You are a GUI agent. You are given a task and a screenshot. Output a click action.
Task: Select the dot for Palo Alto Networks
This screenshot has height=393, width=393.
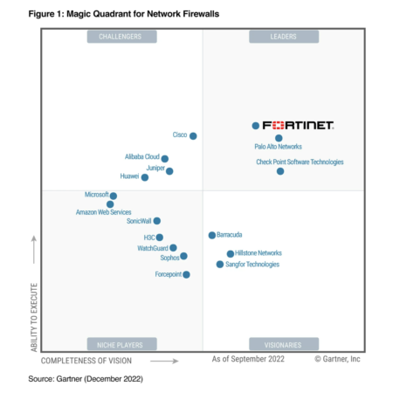(279, 138)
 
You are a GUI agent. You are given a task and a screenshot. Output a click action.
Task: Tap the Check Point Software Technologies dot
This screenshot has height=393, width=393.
(280, 171)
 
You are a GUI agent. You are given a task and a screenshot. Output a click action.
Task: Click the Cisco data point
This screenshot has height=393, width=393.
(193, 135)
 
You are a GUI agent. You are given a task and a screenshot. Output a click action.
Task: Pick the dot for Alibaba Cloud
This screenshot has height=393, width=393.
(165, 159)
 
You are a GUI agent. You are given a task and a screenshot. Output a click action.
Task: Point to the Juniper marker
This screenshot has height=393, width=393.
(169, 171)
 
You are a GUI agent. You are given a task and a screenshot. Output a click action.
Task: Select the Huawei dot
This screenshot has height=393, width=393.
(145, 177)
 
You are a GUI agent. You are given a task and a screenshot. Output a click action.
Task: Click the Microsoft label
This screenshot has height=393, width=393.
(96, 195)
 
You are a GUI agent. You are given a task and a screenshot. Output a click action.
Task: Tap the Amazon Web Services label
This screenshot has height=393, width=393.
(103, 212)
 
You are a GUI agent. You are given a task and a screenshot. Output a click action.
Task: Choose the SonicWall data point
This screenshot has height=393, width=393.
(157, 221)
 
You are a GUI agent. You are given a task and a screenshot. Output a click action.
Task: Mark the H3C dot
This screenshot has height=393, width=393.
(160, 237)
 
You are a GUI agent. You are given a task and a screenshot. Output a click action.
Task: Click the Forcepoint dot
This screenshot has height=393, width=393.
(186, 274)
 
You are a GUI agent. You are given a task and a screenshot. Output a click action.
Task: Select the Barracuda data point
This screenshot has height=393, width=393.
(211, 235)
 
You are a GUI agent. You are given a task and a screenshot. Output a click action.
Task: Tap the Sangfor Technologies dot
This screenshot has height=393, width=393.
(220, 264)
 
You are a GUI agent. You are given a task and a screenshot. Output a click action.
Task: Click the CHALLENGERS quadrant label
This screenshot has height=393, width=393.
(121, 37)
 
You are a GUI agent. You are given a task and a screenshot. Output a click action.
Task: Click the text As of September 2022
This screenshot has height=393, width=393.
(247, 358)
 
